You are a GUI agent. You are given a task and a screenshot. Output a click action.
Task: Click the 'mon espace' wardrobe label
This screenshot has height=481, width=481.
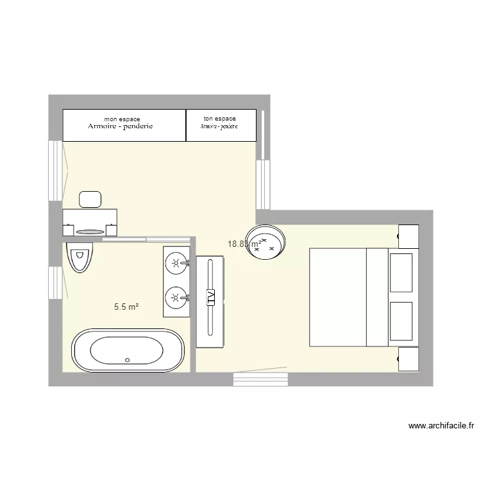click(x=122, y=119)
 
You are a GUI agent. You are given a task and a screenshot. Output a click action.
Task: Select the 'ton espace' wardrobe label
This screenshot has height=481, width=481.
click(x=219, y=119)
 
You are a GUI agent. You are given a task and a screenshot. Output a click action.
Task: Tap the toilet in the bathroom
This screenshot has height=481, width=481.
click(x=80, y=257)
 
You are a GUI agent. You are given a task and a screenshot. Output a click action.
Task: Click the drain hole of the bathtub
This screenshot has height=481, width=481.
click(x=127, y=360)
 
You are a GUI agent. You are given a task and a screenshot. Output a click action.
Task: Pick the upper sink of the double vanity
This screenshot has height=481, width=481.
click(x=176, y=262)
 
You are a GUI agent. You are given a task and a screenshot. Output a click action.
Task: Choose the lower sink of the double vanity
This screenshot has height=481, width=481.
click(x=176, y=297)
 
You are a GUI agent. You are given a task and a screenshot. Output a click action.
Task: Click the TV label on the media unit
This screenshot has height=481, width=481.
click(x=210, y=297)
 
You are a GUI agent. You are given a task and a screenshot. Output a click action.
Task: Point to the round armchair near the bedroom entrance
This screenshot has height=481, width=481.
click(x=266, y=242)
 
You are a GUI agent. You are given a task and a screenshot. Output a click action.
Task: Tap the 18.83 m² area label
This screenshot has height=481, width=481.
click(x=244, y=244)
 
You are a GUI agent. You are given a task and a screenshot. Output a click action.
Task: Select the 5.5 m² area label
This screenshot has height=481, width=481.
click(x=126, y=307)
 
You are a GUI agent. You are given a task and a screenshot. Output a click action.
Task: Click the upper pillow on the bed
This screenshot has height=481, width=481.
click(x=401, y=272)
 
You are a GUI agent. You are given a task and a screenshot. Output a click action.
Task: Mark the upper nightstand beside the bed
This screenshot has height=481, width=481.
click(x=408, y=236)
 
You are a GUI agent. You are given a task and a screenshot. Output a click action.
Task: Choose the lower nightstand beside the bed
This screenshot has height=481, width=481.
click(x=408, y=358)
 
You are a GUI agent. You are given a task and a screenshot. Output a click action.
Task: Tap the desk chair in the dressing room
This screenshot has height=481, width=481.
click(x=91, y=199)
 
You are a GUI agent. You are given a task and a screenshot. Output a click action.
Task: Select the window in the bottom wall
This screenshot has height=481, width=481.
click(x=260, y=380)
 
